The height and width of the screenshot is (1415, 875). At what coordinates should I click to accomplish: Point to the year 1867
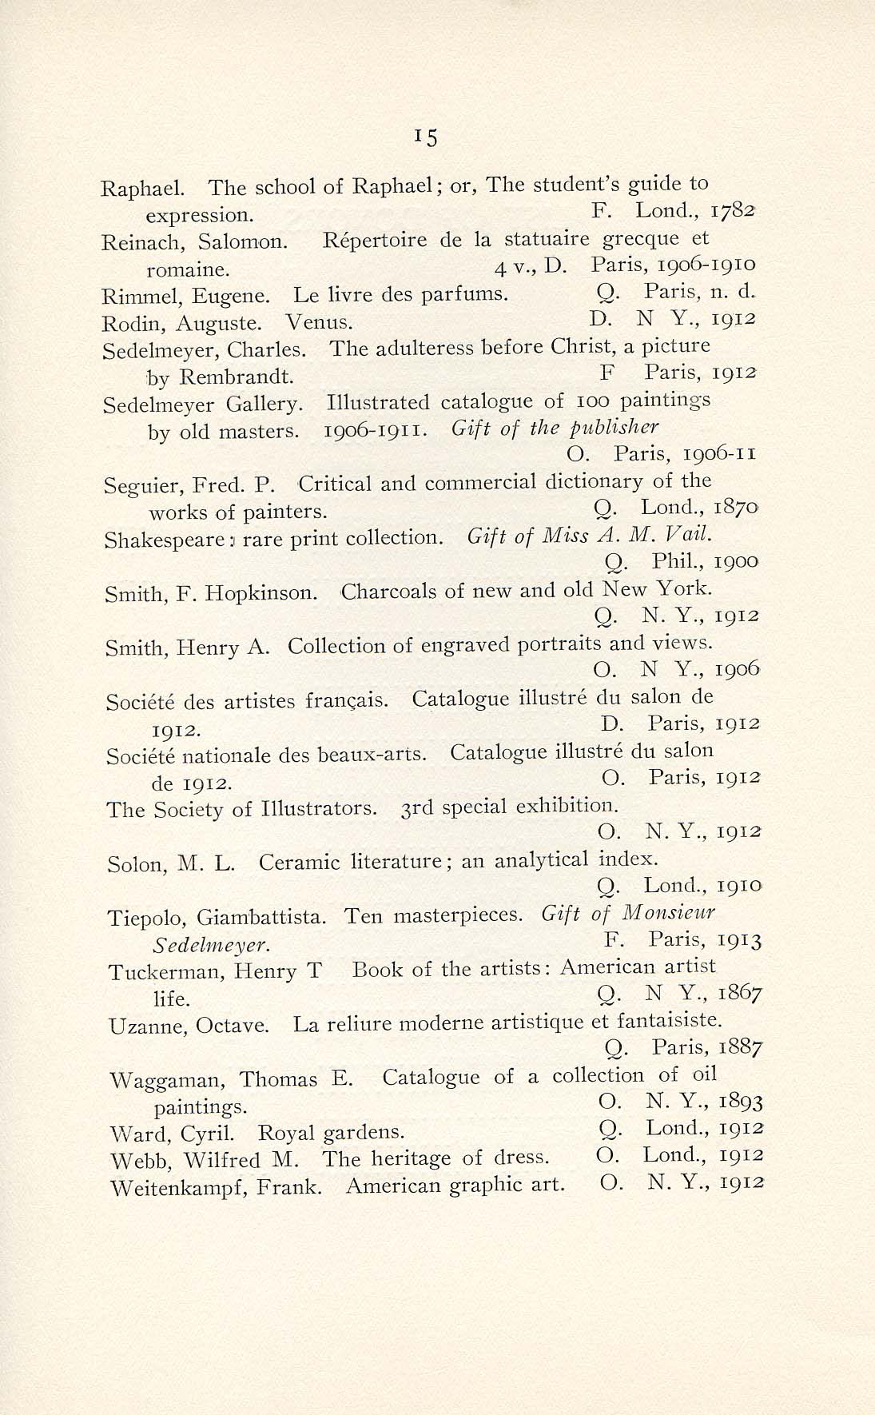click(740, 994)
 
